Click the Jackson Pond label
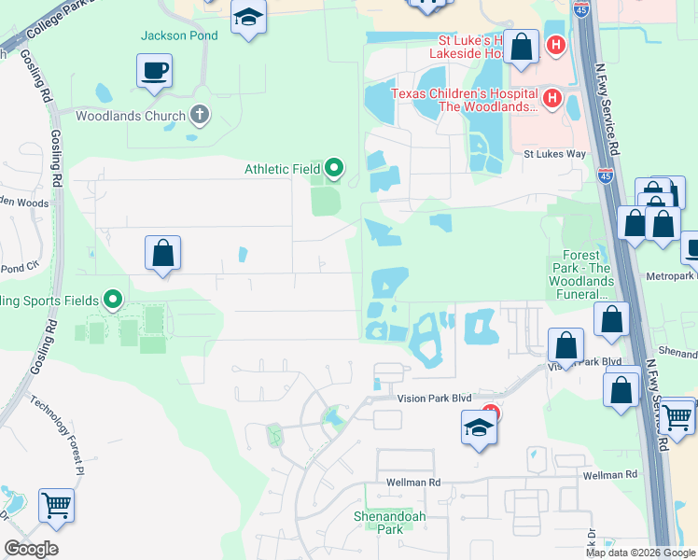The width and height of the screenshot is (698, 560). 179,36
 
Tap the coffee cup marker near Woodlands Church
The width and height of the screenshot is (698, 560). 154,70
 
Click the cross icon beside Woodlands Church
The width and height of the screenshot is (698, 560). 198,115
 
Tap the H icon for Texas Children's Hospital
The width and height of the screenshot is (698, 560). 551,97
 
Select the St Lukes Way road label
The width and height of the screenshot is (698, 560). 553,153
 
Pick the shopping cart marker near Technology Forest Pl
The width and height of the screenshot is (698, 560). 57,506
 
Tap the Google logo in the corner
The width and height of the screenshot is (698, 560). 31,549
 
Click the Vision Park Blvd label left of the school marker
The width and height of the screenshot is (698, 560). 435,398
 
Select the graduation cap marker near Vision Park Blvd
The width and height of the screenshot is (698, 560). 479,428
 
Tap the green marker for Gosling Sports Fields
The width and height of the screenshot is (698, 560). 113,300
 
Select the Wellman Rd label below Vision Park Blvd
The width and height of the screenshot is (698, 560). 414,483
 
